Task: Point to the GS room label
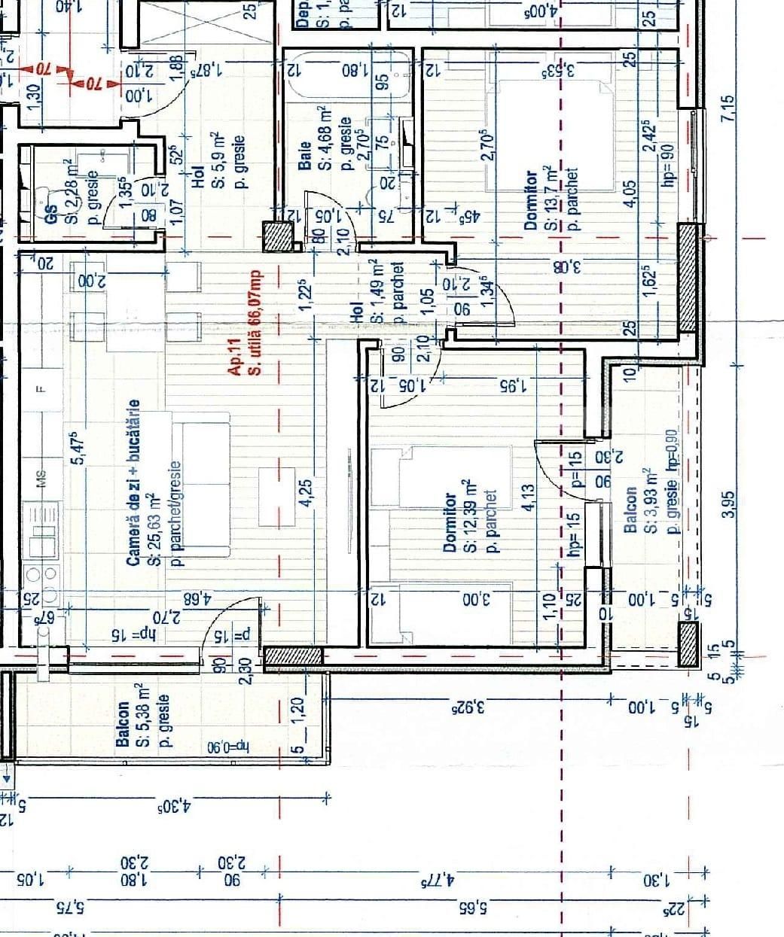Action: [52, 212]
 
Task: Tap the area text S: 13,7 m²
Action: [552, 197]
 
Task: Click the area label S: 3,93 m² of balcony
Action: [651, 500]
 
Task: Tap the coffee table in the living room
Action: [276, 497]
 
